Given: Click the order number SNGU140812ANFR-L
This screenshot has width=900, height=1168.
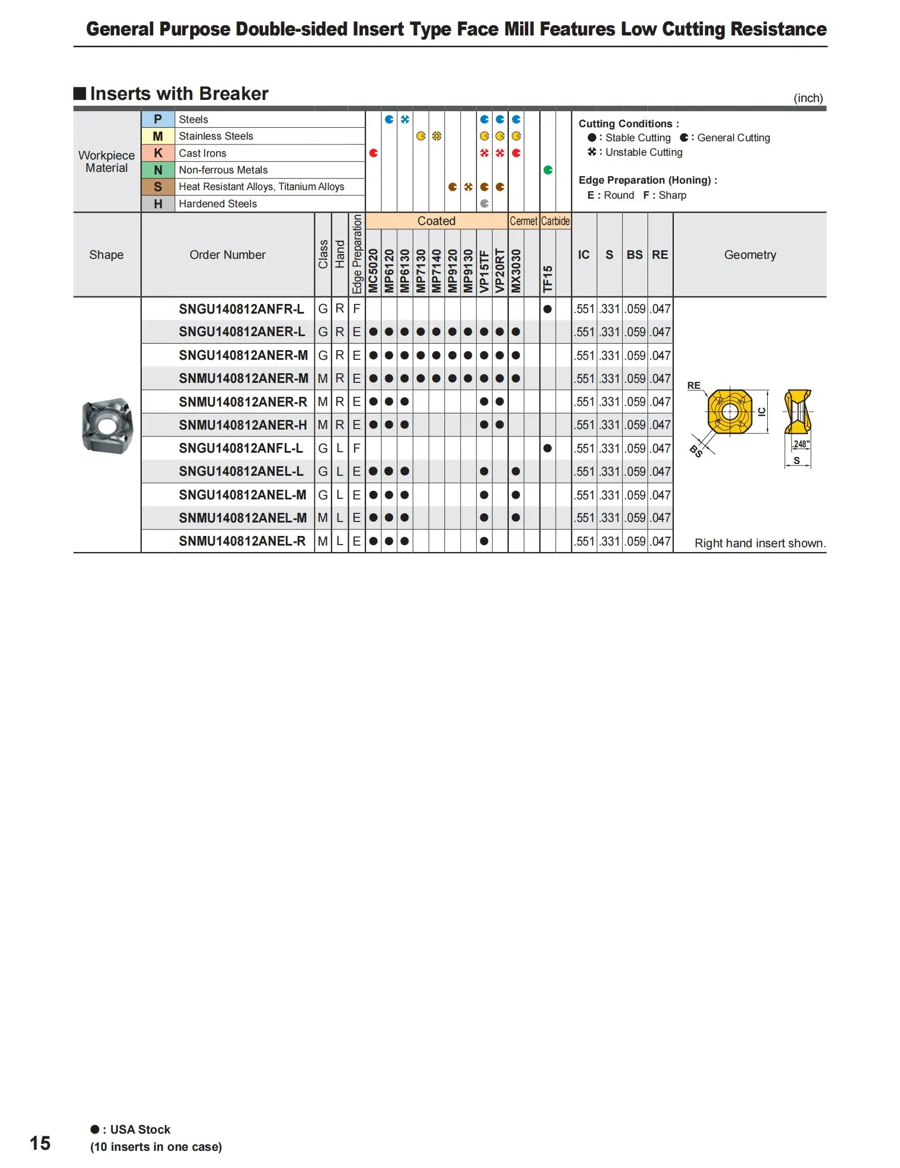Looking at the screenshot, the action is [x=241, y=309].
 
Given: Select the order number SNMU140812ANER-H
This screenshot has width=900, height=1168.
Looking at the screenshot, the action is [x=243, y=425].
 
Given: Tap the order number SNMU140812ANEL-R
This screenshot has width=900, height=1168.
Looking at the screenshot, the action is [x=242, y=541].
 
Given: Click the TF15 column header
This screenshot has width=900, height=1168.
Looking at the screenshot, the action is [x=548, y=279].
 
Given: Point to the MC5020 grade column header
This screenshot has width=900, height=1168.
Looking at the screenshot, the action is [x=373, y=271].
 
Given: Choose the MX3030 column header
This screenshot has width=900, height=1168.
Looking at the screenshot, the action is [x=516, y=271].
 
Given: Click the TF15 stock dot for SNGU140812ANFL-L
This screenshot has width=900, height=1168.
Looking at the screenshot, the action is [x=548, y=448].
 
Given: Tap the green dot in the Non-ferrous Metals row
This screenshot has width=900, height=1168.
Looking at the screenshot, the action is [x=548, y=170].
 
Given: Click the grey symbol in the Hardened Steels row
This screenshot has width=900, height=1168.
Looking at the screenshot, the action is [x=484, y=204].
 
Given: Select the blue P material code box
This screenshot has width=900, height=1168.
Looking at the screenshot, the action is [x=158, y=119].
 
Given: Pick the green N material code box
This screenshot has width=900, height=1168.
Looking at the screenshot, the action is [x=158, y=170].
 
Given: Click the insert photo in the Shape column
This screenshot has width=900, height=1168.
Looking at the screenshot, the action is [x=107, y=425].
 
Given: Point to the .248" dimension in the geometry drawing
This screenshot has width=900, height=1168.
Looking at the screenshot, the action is [x=801, y=444].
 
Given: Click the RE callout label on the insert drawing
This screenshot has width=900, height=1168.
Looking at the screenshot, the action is [x=694, y=386].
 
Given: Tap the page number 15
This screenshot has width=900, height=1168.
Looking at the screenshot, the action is [x=40, y=1143].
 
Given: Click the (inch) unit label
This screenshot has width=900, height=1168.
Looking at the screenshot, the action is [x=808, y=98].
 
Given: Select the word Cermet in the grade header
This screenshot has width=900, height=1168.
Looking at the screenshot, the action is [x=523, y=221].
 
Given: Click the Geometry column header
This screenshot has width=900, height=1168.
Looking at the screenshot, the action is [x=750, y=255].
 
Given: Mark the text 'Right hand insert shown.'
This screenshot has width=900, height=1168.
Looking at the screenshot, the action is [x=759, y=543].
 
